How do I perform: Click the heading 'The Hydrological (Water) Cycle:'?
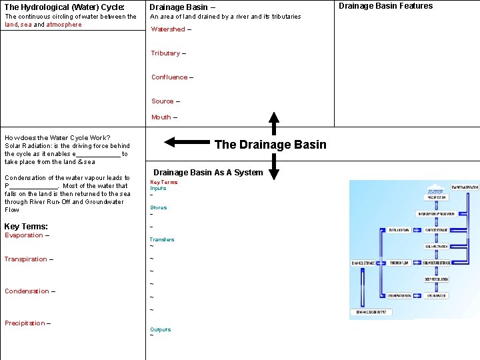tap(65, 7)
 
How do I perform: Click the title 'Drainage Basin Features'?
tap(385, 6)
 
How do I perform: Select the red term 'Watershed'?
tap(168, 29)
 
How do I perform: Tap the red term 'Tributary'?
tap(165, 53)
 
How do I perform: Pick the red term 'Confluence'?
tap(169, 77)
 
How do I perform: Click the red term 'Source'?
tap(162, 101)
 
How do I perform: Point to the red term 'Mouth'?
tap(161, 117)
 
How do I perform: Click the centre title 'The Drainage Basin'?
tap(271, 145)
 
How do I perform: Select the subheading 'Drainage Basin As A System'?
tap(208, 173)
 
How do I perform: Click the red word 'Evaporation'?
tap(23, 235)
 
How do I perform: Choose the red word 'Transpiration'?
tap(25, 259)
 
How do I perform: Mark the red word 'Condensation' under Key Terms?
tap(27, 291)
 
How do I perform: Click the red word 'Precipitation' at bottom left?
tap(25, 323)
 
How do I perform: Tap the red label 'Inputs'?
tap(158, 189)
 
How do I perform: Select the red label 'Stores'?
tap(158, 208)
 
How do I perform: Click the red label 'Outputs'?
tap(160, 329)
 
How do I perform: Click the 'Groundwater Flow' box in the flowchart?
tap(399, 295)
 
